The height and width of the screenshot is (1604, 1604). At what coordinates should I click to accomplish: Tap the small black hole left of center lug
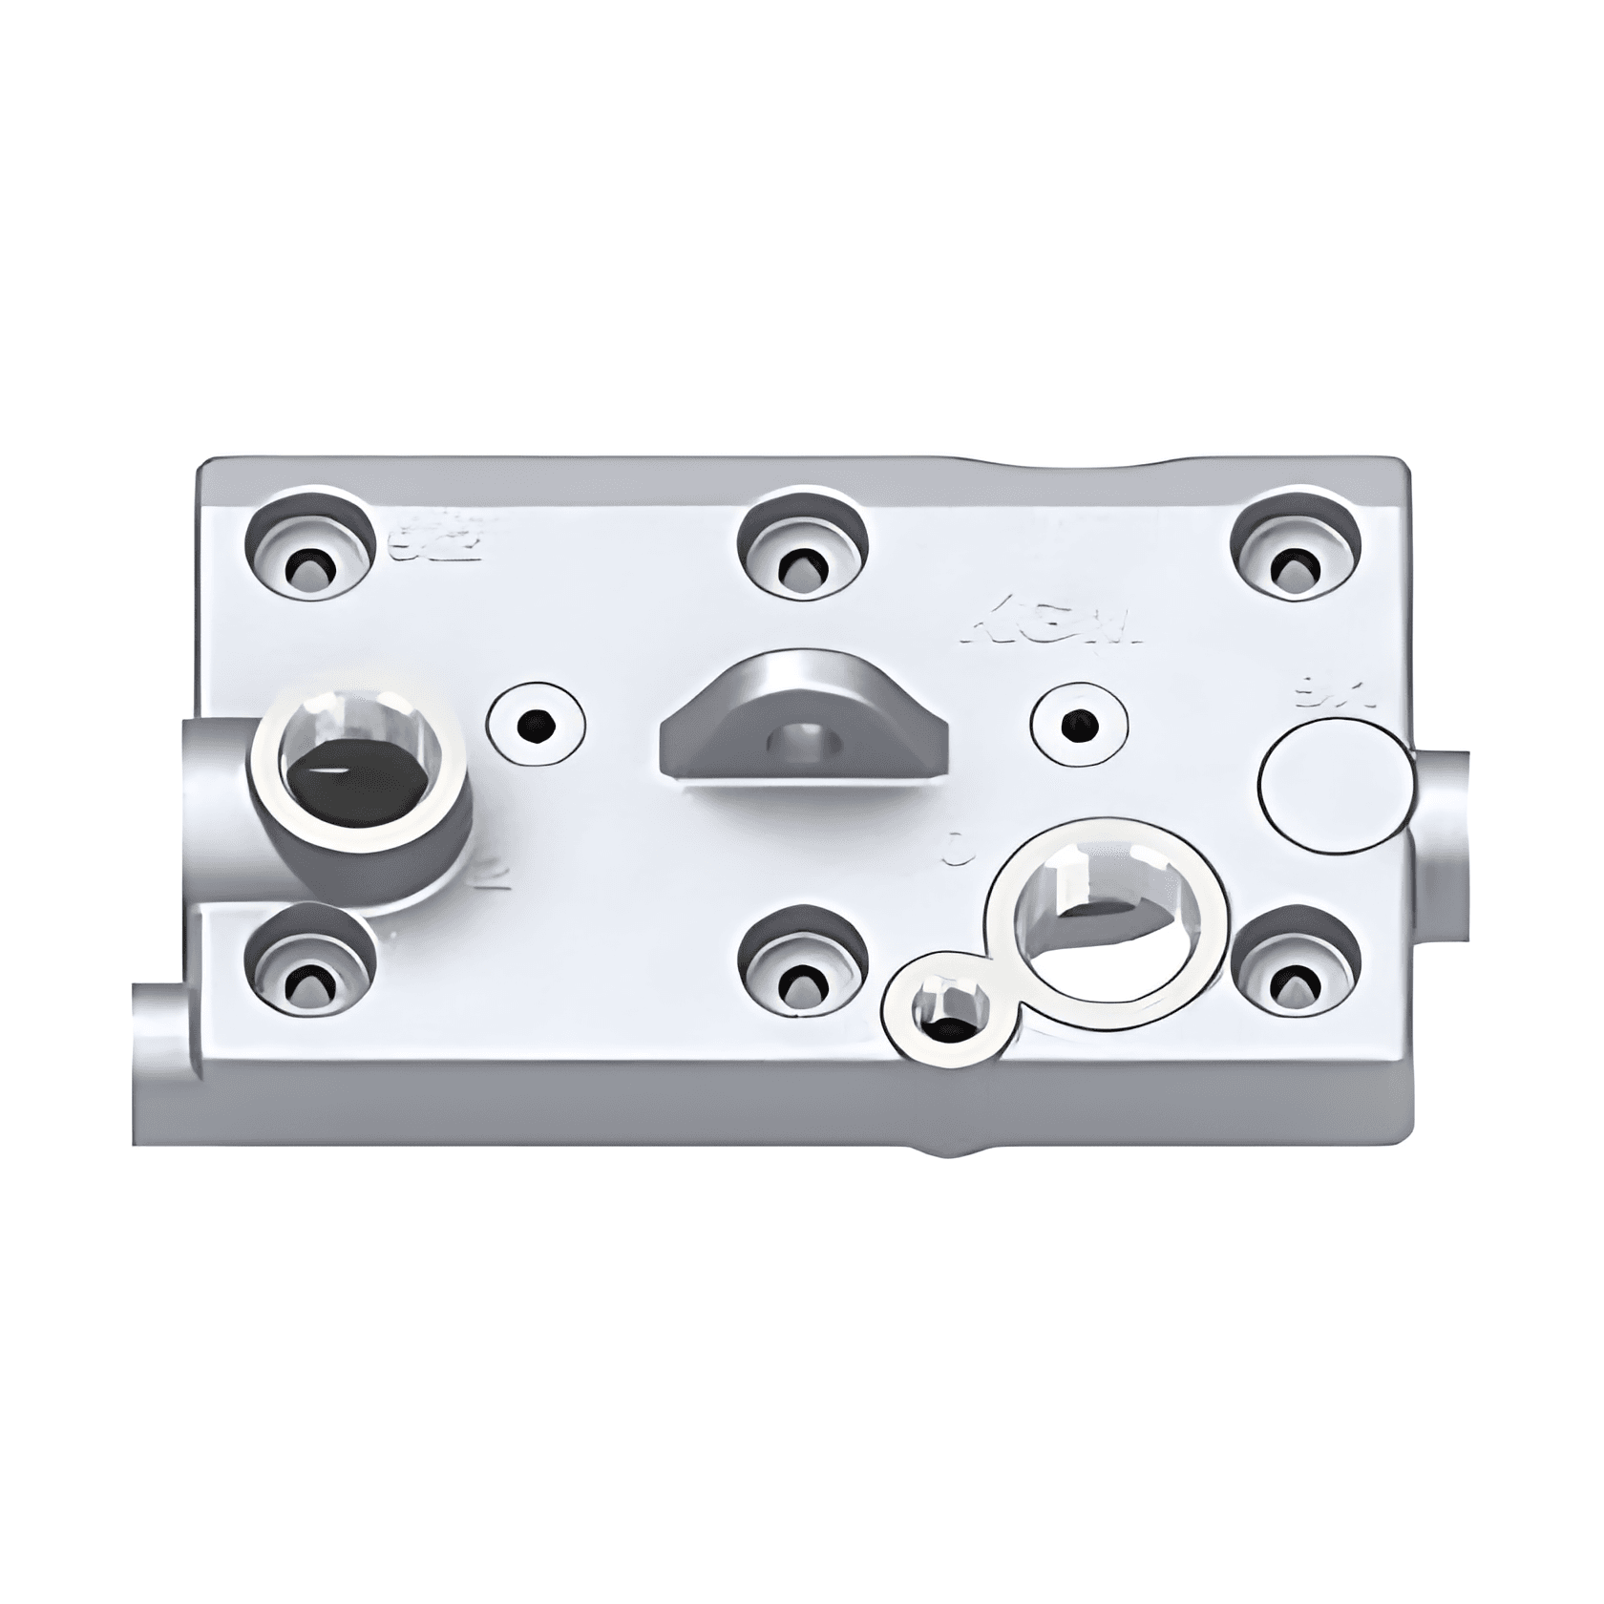(x=535, y=728)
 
